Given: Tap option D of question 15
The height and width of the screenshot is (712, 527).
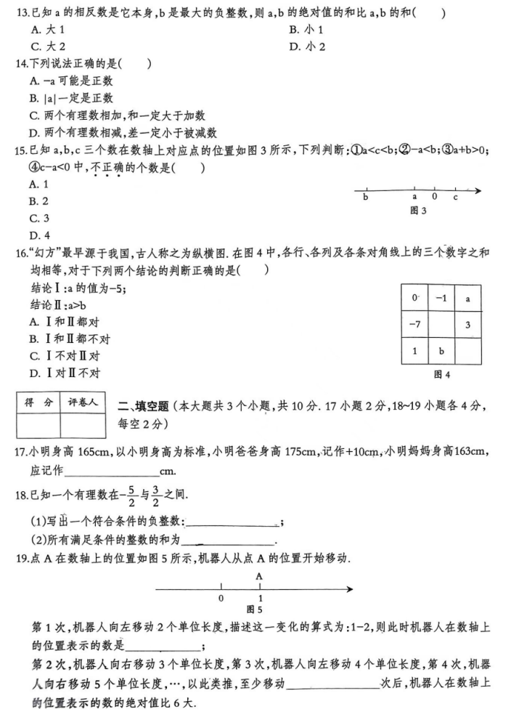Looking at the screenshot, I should (x=34, y=235).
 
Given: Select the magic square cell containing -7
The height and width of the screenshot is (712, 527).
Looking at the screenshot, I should (x=414, y=324).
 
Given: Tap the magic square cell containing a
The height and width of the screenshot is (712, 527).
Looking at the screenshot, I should (x=467, y=298).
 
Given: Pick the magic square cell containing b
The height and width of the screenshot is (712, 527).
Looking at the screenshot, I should (x=441, y=351).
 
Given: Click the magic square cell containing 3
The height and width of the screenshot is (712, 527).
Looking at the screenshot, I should (x=467, y=324).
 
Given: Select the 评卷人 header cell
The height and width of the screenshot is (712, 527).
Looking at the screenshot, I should (x=83, y=402).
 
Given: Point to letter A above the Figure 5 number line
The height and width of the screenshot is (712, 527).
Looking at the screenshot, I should (x=259, y=574).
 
